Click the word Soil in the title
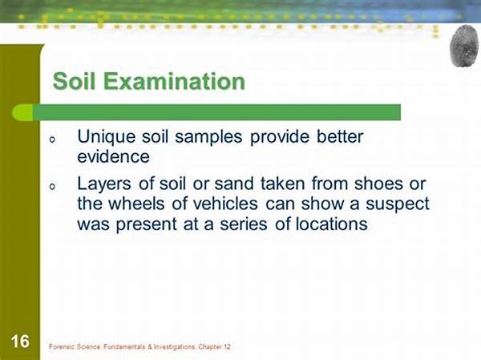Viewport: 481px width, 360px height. pos(75,81)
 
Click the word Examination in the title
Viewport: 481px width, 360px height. pos(174,81)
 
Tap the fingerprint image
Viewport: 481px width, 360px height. pos(464,46)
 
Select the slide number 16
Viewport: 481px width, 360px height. pos(20,342)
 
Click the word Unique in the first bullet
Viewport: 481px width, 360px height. pos(106,137)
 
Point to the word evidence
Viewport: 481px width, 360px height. pos(113,156)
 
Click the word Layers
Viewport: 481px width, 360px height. pos(104,184)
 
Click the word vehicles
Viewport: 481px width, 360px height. pos(214,204)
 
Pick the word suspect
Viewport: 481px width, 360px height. pos(398,204)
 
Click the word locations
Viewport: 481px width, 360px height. pos(332,224)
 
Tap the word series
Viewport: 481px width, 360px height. pos(244,224)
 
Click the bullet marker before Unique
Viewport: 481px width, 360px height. pos(52,140)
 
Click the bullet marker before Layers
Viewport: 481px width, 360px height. pos(52,186)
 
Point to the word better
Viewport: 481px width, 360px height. pos(340,136)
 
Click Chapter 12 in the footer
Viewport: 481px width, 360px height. pos(214,347)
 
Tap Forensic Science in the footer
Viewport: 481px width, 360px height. pos(75,347)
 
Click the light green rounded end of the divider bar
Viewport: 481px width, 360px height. pos(22,112)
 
